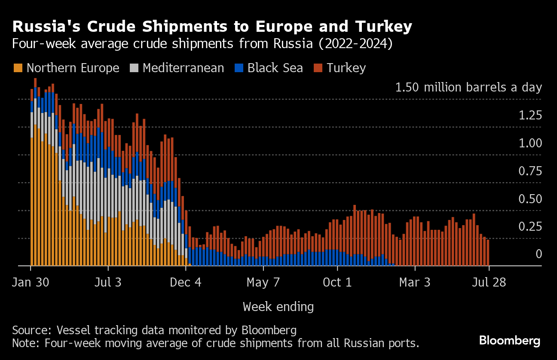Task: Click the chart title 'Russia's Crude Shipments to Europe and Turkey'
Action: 212,27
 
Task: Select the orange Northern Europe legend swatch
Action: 18,68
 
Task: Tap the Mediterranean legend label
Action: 183,68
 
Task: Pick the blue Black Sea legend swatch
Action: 239,68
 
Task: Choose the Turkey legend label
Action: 346,68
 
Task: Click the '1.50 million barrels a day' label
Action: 468,88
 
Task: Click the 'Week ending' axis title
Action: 278,307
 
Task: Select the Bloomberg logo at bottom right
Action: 510,341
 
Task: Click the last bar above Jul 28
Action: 488,253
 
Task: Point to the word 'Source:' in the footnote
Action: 31,330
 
